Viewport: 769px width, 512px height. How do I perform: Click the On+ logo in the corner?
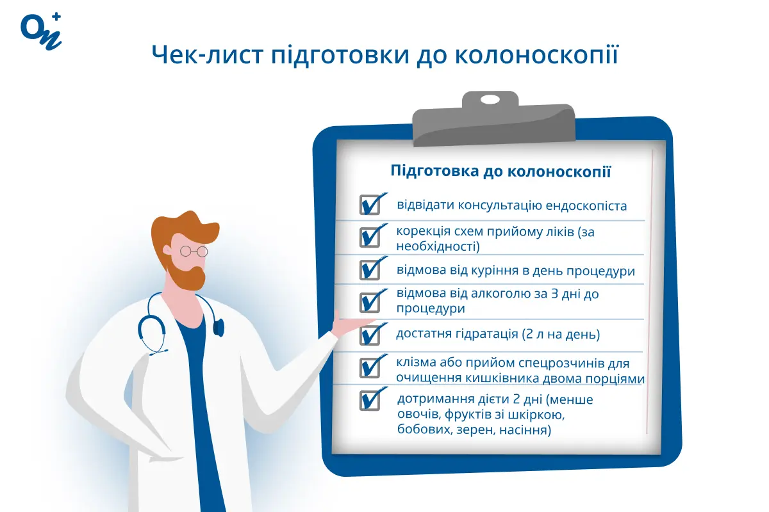pos(41,29)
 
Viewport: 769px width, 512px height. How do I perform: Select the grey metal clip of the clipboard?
pos(490,119)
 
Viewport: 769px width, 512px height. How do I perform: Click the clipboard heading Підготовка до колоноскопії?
pos(500,172)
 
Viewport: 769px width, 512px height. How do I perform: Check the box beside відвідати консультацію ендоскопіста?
pos(370,205)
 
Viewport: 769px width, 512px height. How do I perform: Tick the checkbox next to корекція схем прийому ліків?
pos(370,237)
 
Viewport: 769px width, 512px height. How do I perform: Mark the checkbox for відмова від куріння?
pos(370,269)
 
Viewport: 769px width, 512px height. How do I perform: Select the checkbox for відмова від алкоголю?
pos(370,301)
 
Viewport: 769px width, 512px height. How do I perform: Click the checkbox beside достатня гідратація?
pos(370,334)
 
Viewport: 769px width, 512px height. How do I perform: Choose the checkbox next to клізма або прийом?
pos(370,367)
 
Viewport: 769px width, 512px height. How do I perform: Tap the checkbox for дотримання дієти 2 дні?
pos(370,399)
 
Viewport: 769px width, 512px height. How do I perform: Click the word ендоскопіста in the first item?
pos(586,206)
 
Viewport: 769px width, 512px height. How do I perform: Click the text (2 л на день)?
pos(561,334)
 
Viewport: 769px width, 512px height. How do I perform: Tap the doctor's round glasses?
pos(194,251)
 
